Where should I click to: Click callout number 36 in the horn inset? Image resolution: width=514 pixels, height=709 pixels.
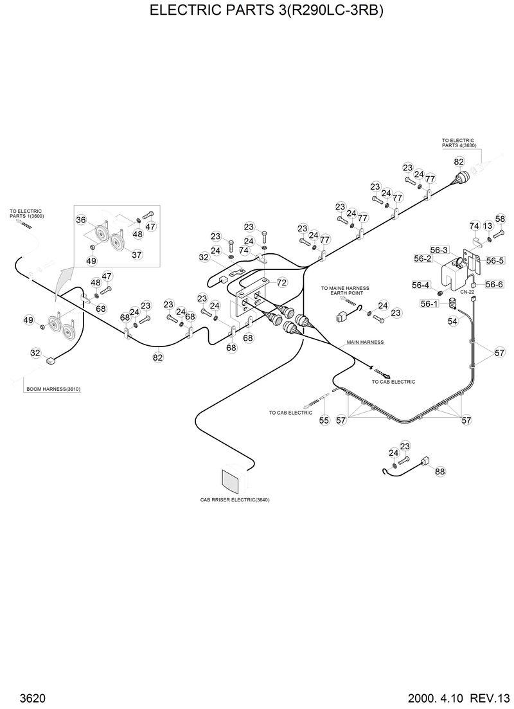tap(81, 220)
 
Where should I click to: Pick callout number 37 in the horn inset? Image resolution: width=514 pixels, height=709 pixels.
tap(136, 255)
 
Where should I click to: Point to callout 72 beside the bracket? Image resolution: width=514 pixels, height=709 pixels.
tap(281, 282)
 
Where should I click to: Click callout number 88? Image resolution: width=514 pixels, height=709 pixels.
tap(439, 471)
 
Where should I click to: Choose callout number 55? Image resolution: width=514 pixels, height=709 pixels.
tap(324, 420)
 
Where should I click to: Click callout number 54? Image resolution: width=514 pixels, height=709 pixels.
tap(452, 321)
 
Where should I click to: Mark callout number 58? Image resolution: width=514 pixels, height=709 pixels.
tap(500, 219)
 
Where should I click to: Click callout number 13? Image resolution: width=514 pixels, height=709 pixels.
tap(488, 226)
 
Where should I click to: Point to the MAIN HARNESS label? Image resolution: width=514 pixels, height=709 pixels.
tap(365, 343)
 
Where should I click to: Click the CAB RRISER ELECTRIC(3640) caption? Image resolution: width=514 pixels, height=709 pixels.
tap(235, 499)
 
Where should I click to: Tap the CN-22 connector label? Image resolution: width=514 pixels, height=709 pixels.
tap(467, 291)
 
